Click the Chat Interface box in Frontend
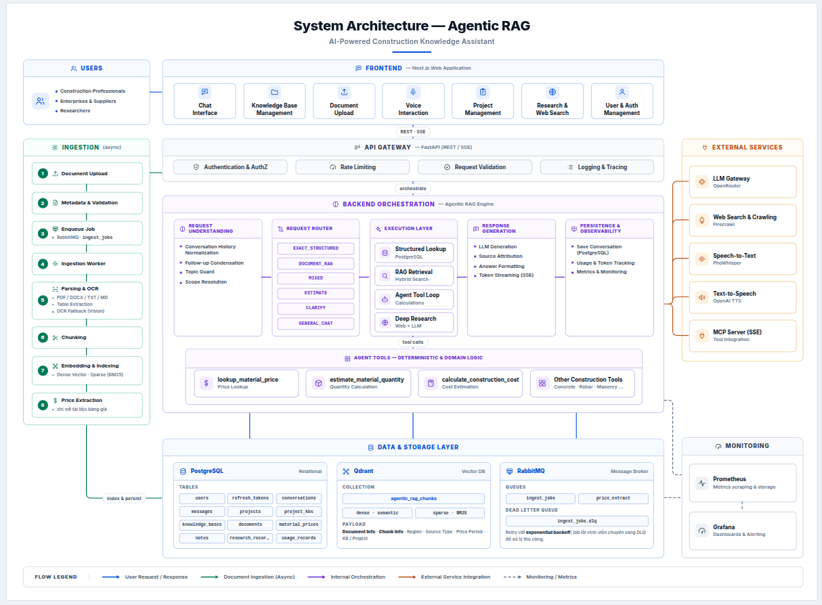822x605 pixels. click(x=204, y=101)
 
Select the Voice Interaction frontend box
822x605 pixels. click(x=413, y=101)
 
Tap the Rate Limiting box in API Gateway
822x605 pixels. click(x=352, y=167)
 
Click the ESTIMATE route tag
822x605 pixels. click(x=316, y=293)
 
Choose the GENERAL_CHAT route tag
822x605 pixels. click(x=316, y=323)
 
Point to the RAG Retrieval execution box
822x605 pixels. click(x=414, y=275)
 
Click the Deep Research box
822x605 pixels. click(x=414, y=322)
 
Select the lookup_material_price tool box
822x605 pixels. click(x=246, y=383)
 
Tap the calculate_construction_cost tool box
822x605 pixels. click(x=470, y=383)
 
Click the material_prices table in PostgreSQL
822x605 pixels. click(x=299, y=524)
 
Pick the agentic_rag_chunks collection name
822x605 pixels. click(x=414, y=499)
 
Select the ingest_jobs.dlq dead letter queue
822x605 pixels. click(x=577, y=521)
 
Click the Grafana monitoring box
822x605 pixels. click(x=743, y=531)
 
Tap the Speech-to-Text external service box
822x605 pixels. click(x=743, y=259)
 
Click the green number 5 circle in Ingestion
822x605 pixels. click(x=43, y=300)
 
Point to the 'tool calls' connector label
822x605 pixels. click(x=413, y=342)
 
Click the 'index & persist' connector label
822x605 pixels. click(x=124, y=498)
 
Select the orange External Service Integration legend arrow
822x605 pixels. click(x=407, y=577)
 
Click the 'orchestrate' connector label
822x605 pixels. click(x=413, y=188)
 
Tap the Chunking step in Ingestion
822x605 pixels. click(x=87, y=337)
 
